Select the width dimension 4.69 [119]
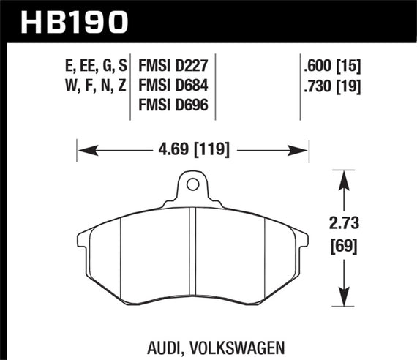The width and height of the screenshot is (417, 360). pos(192,151)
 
